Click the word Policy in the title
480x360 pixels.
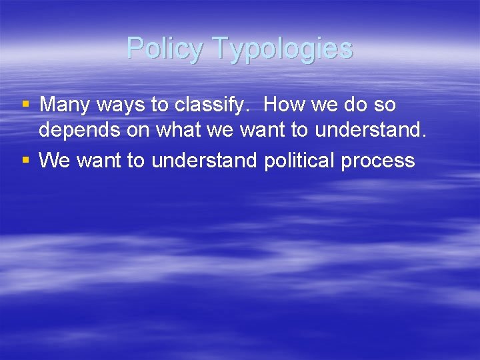tap(164, 49)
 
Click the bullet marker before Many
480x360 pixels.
tap(26, 104)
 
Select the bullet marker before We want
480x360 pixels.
tap(26, 160)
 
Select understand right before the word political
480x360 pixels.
tap(205, 161)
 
